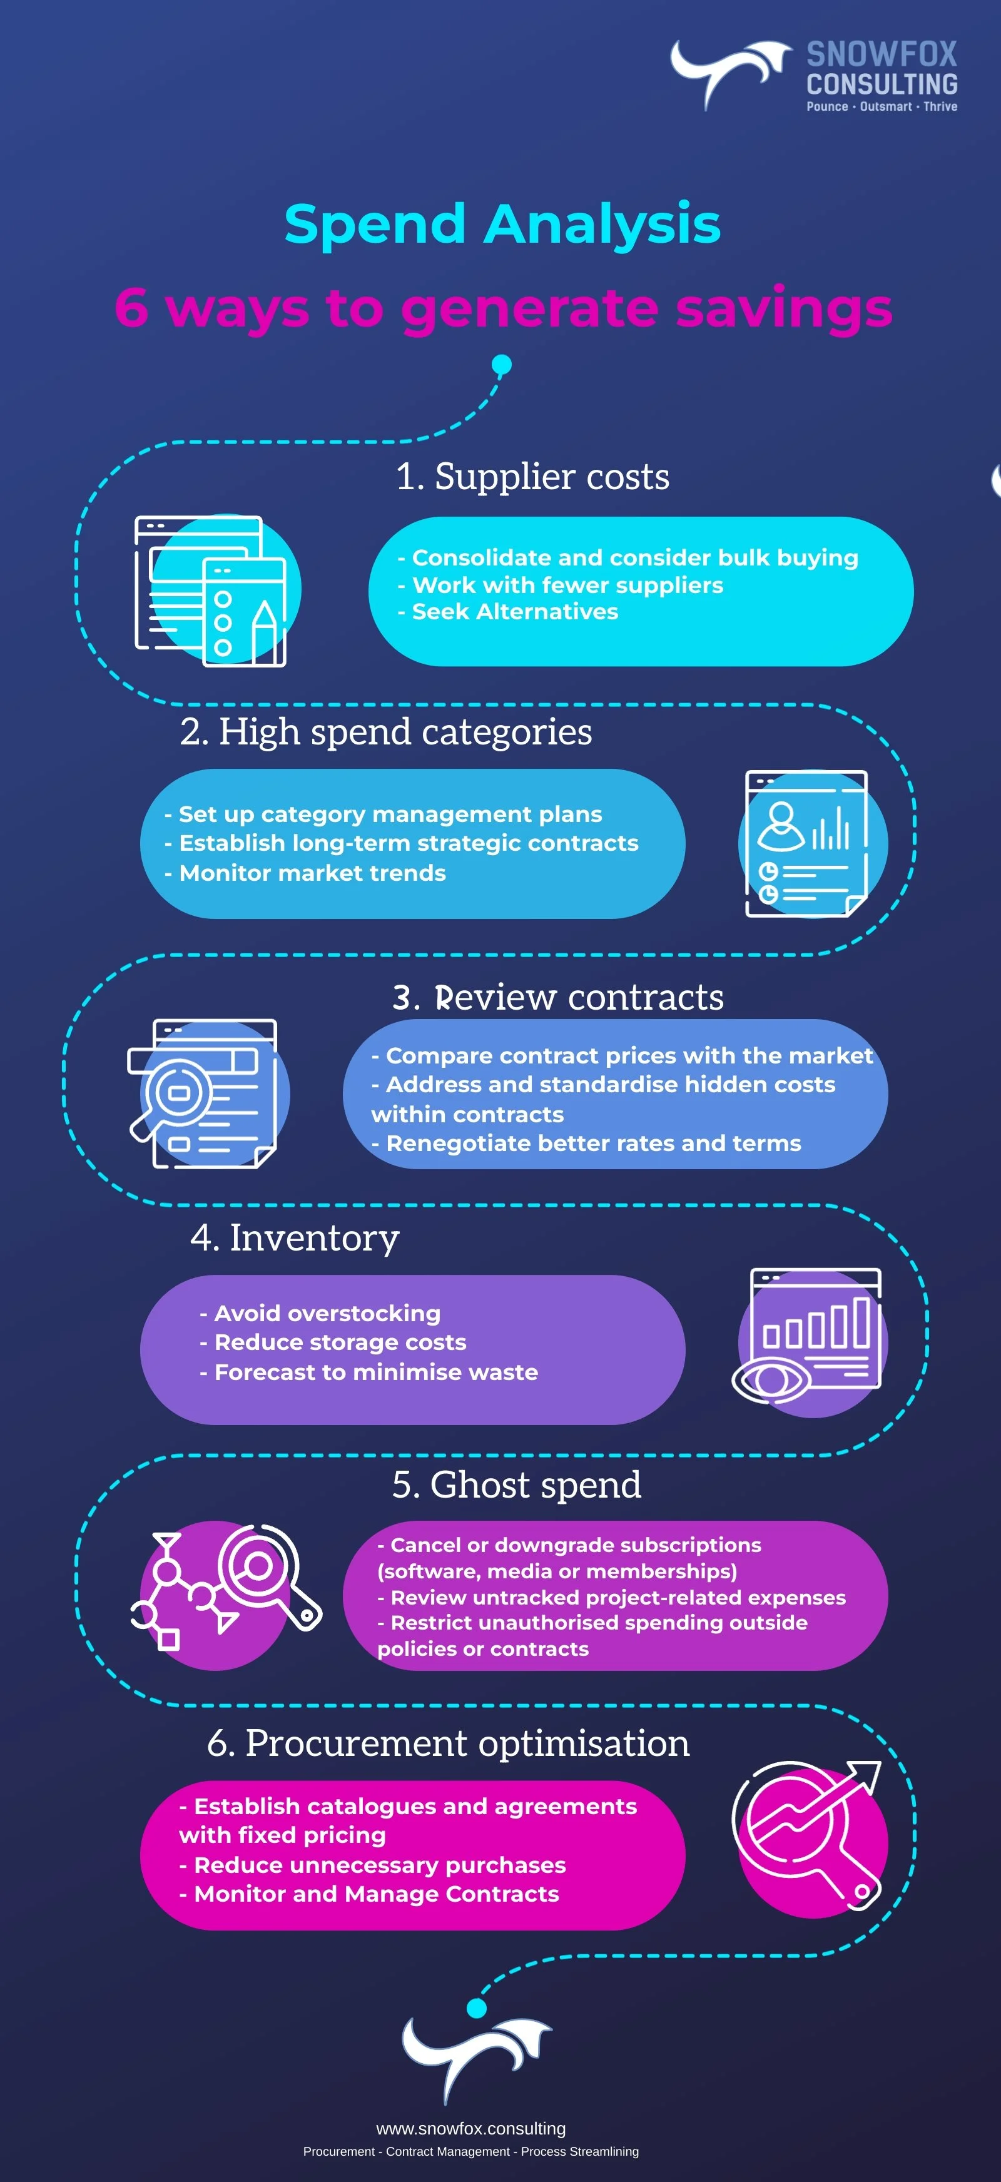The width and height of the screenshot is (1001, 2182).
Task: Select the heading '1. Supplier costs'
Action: pos(532,477)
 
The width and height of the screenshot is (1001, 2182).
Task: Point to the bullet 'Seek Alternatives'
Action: pos(515,612)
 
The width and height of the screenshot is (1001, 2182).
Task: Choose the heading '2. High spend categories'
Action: pos(385,732)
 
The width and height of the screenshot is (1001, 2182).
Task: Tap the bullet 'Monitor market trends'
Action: pos(312,873)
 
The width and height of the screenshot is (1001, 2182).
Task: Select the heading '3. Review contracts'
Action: pos(557,997)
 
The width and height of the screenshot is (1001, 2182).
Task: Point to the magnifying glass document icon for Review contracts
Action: pos(203,1093)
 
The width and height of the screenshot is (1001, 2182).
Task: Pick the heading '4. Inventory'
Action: pos(294,1237)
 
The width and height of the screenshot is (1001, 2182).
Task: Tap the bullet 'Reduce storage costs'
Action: pos(340,1342)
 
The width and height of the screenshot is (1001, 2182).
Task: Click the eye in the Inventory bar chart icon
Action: pos(771,1380)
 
